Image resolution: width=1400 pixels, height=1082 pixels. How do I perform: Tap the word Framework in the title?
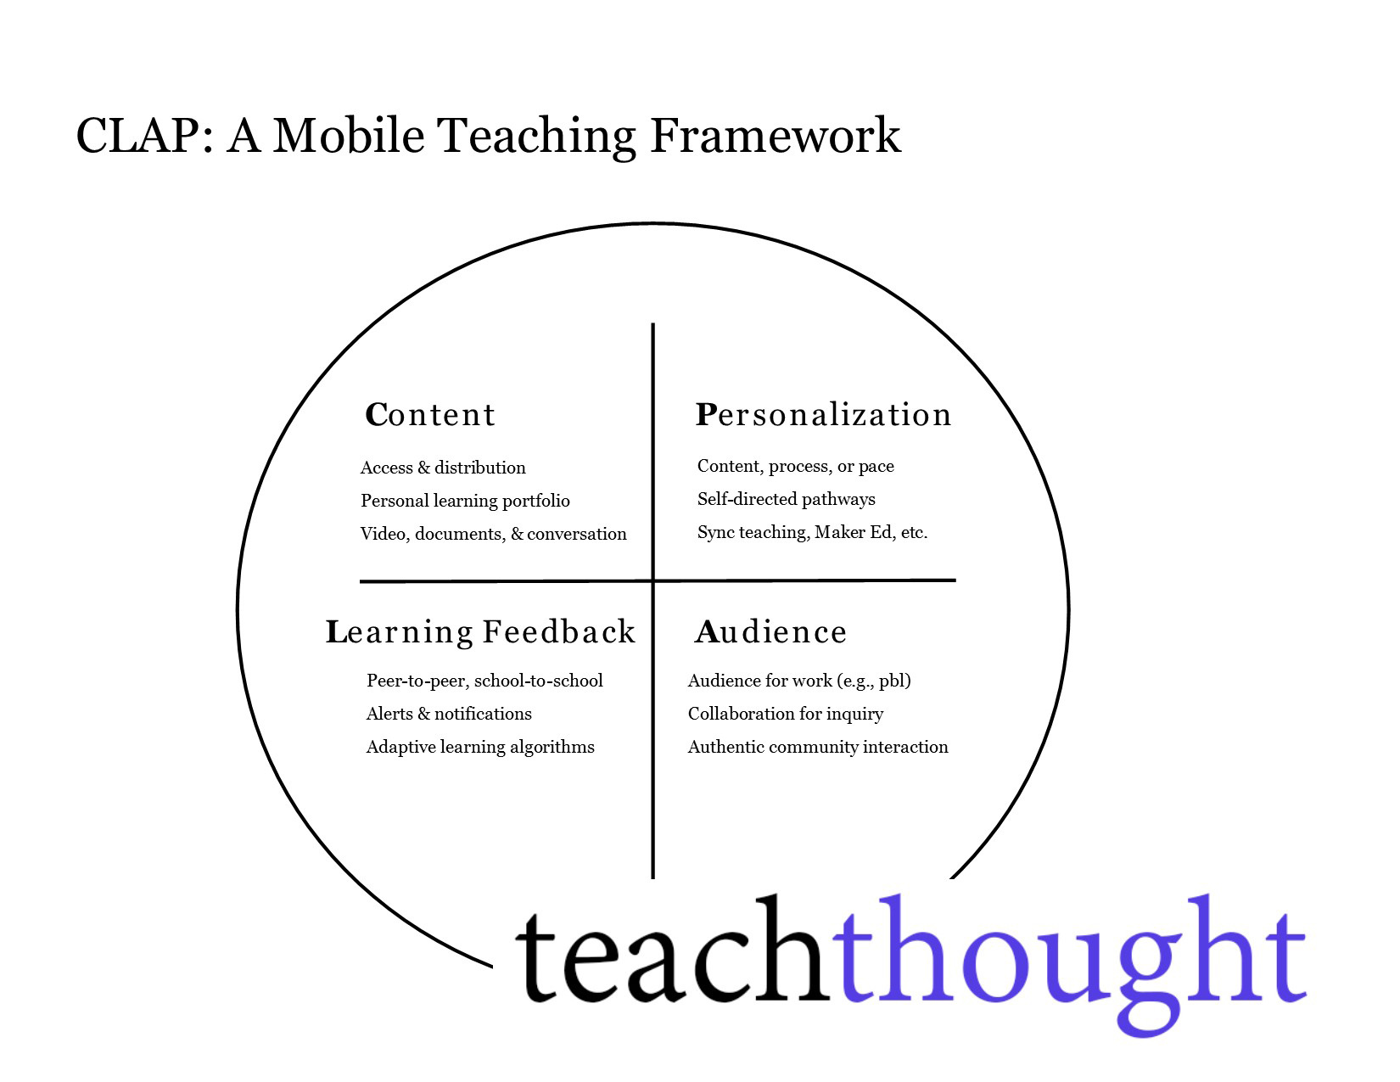(x=775, y=136)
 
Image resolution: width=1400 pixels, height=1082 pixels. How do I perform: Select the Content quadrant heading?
(x=430, y=415)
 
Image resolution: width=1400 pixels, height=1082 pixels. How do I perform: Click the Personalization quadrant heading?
(x=823, y=415)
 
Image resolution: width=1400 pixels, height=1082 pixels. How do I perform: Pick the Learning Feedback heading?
(x=481, y=632)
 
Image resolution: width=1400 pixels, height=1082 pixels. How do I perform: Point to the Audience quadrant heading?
(x=770, y=632)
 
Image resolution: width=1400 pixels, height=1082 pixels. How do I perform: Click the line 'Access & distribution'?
(x=443, y=468)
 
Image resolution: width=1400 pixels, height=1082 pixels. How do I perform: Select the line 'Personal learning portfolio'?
(x=465, y=501)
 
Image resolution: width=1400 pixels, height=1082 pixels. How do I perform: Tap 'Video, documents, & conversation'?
(x=493, y=534)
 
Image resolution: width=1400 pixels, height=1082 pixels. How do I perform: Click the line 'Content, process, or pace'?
(x=795, y=466)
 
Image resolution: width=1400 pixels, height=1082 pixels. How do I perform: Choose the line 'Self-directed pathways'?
(x=786, y=499)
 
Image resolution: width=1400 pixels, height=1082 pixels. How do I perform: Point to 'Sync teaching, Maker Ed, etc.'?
(x=812, y=532)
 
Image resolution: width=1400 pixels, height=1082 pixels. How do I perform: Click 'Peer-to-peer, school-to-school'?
(x=484, y=681)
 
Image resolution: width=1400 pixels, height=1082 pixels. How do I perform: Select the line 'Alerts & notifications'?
(x=449, y=714)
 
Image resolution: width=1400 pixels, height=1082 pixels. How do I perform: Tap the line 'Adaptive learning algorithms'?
(x=480, y=747)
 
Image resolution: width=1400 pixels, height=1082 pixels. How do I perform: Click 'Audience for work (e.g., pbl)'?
(x=799, y=681)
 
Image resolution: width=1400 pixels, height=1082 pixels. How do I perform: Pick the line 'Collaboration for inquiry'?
(x=785, y=714)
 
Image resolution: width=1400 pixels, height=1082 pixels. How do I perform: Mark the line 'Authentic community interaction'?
(x=818, y=747)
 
